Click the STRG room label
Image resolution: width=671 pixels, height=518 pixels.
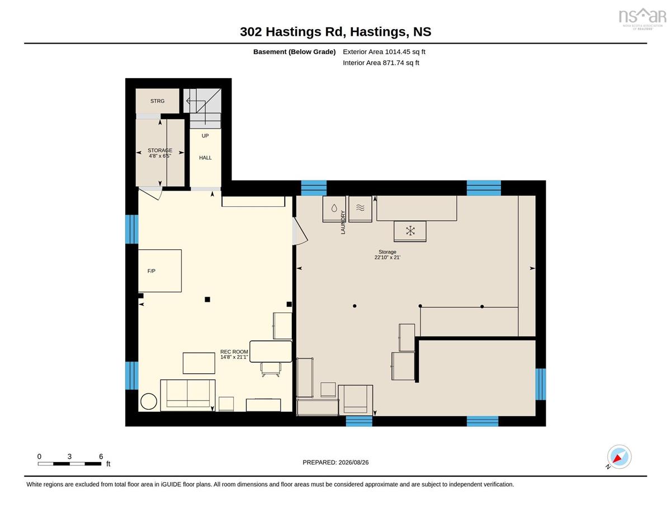coord(157,101)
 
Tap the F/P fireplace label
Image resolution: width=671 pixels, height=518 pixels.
coord(152,271)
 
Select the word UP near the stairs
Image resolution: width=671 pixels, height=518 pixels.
coord(205,136)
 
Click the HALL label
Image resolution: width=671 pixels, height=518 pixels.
coord(205,158)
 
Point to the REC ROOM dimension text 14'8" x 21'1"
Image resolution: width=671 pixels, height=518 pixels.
coord(234,357)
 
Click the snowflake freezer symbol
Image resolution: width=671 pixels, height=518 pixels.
coord(410,231)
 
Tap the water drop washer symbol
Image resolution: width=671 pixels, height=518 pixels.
coord(334,208)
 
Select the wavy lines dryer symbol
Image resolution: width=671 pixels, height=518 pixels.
coord(360,208)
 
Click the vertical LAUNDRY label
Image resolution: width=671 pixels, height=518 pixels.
coord(343,222)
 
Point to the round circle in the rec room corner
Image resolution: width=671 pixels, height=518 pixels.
coord(149,401)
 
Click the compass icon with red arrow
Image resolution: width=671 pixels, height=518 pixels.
coord(619,457)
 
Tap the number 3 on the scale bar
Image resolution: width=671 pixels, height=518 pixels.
coord(69,457)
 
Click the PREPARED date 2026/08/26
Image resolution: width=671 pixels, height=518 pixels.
coord(353,463)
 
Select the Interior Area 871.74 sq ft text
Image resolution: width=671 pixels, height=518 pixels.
coord(381,63)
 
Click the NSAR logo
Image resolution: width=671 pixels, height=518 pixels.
coord(642,18)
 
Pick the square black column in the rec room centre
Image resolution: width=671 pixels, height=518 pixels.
coord(207,300)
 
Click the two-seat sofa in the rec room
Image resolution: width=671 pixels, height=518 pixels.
coord(188,395)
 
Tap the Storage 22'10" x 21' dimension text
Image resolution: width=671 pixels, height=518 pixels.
coord(387,254)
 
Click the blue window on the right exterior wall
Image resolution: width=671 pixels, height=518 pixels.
coord(540,384)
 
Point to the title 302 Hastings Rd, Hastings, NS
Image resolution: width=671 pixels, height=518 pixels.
coord(335,31)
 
